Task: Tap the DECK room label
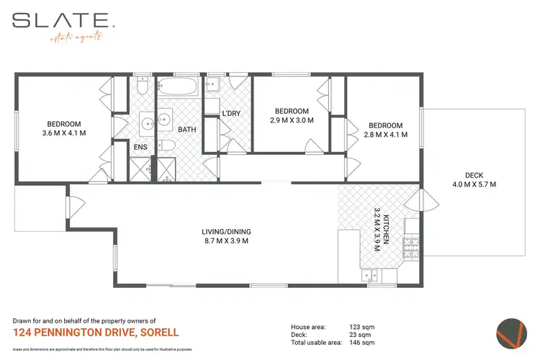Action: (474, 175)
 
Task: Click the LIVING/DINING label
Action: (225, 231)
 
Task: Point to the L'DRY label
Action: (230, 113)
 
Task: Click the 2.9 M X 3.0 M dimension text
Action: (292, 121)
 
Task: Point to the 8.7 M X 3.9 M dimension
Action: (225, 241)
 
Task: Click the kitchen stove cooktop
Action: (411, 248)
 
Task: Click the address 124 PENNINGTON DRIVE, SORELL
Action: (96, 333)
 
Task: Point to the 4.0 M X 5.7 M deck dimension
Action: (474, 185)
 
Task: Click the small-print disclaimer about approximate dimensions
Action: (103, 348)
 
